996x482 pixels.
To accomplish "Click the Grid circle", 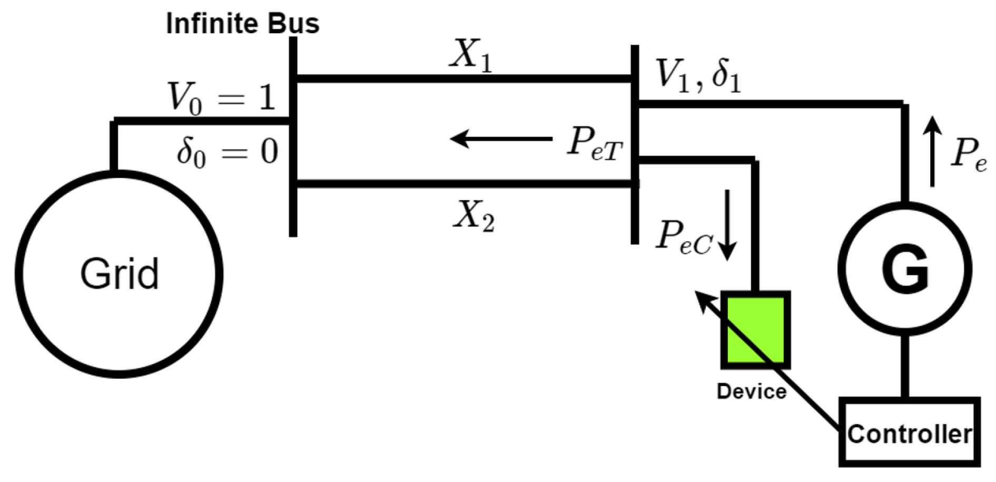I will (x=119, y=274).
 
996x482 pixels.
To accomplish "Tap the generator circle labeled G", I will (x=905, y=270).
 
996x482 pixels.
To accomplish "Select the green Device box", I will (x=755, y=330).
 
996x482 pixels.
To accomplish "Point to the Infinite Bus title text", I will (x=242, y=24).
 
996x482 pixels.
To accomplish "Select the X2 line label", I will (x=474, y=217).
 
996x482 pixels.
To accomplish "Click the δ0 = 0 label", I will (x=226, y=152).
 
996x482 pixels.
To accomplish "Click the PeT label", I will (x=594, y=143).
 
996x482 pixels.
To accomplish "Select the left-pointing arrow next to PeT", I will (x=500, y=139).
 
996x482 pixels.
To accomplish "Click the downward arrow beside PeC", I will (x=727, y=224).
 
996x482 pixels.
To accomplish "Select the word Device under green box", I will (x=752, y=391).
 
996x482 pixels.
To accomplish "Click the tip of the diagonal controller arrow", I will (x=699, y=294).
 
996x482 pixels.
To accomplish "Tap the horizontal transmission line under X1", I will (x=464, y=79).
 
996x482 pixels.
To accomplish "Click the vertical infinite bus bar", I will (x=293, y=137).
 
